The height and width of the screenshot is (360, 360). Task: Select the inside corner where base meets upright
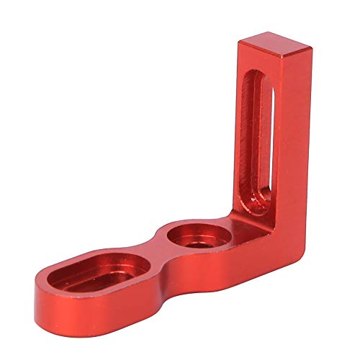coord(234,216)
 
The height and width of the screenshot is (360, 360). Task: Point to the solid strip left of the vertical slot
coord(241,137)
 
